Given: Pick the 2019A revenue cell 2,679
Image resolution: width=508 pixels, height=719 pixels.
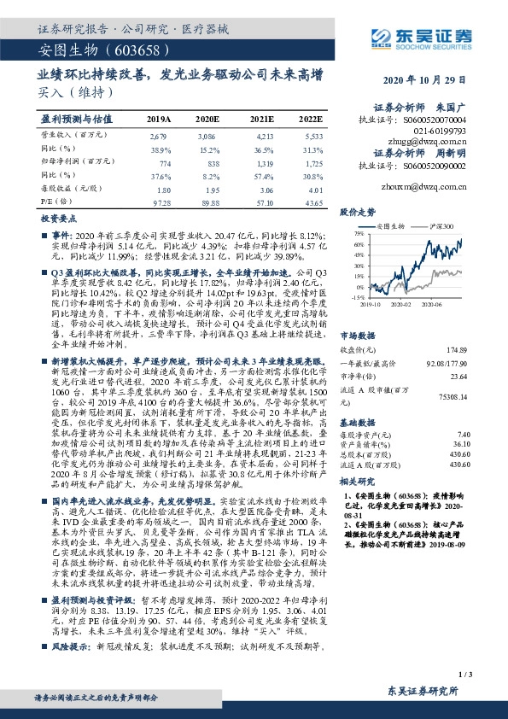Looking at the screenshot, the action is pos(158,136).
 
